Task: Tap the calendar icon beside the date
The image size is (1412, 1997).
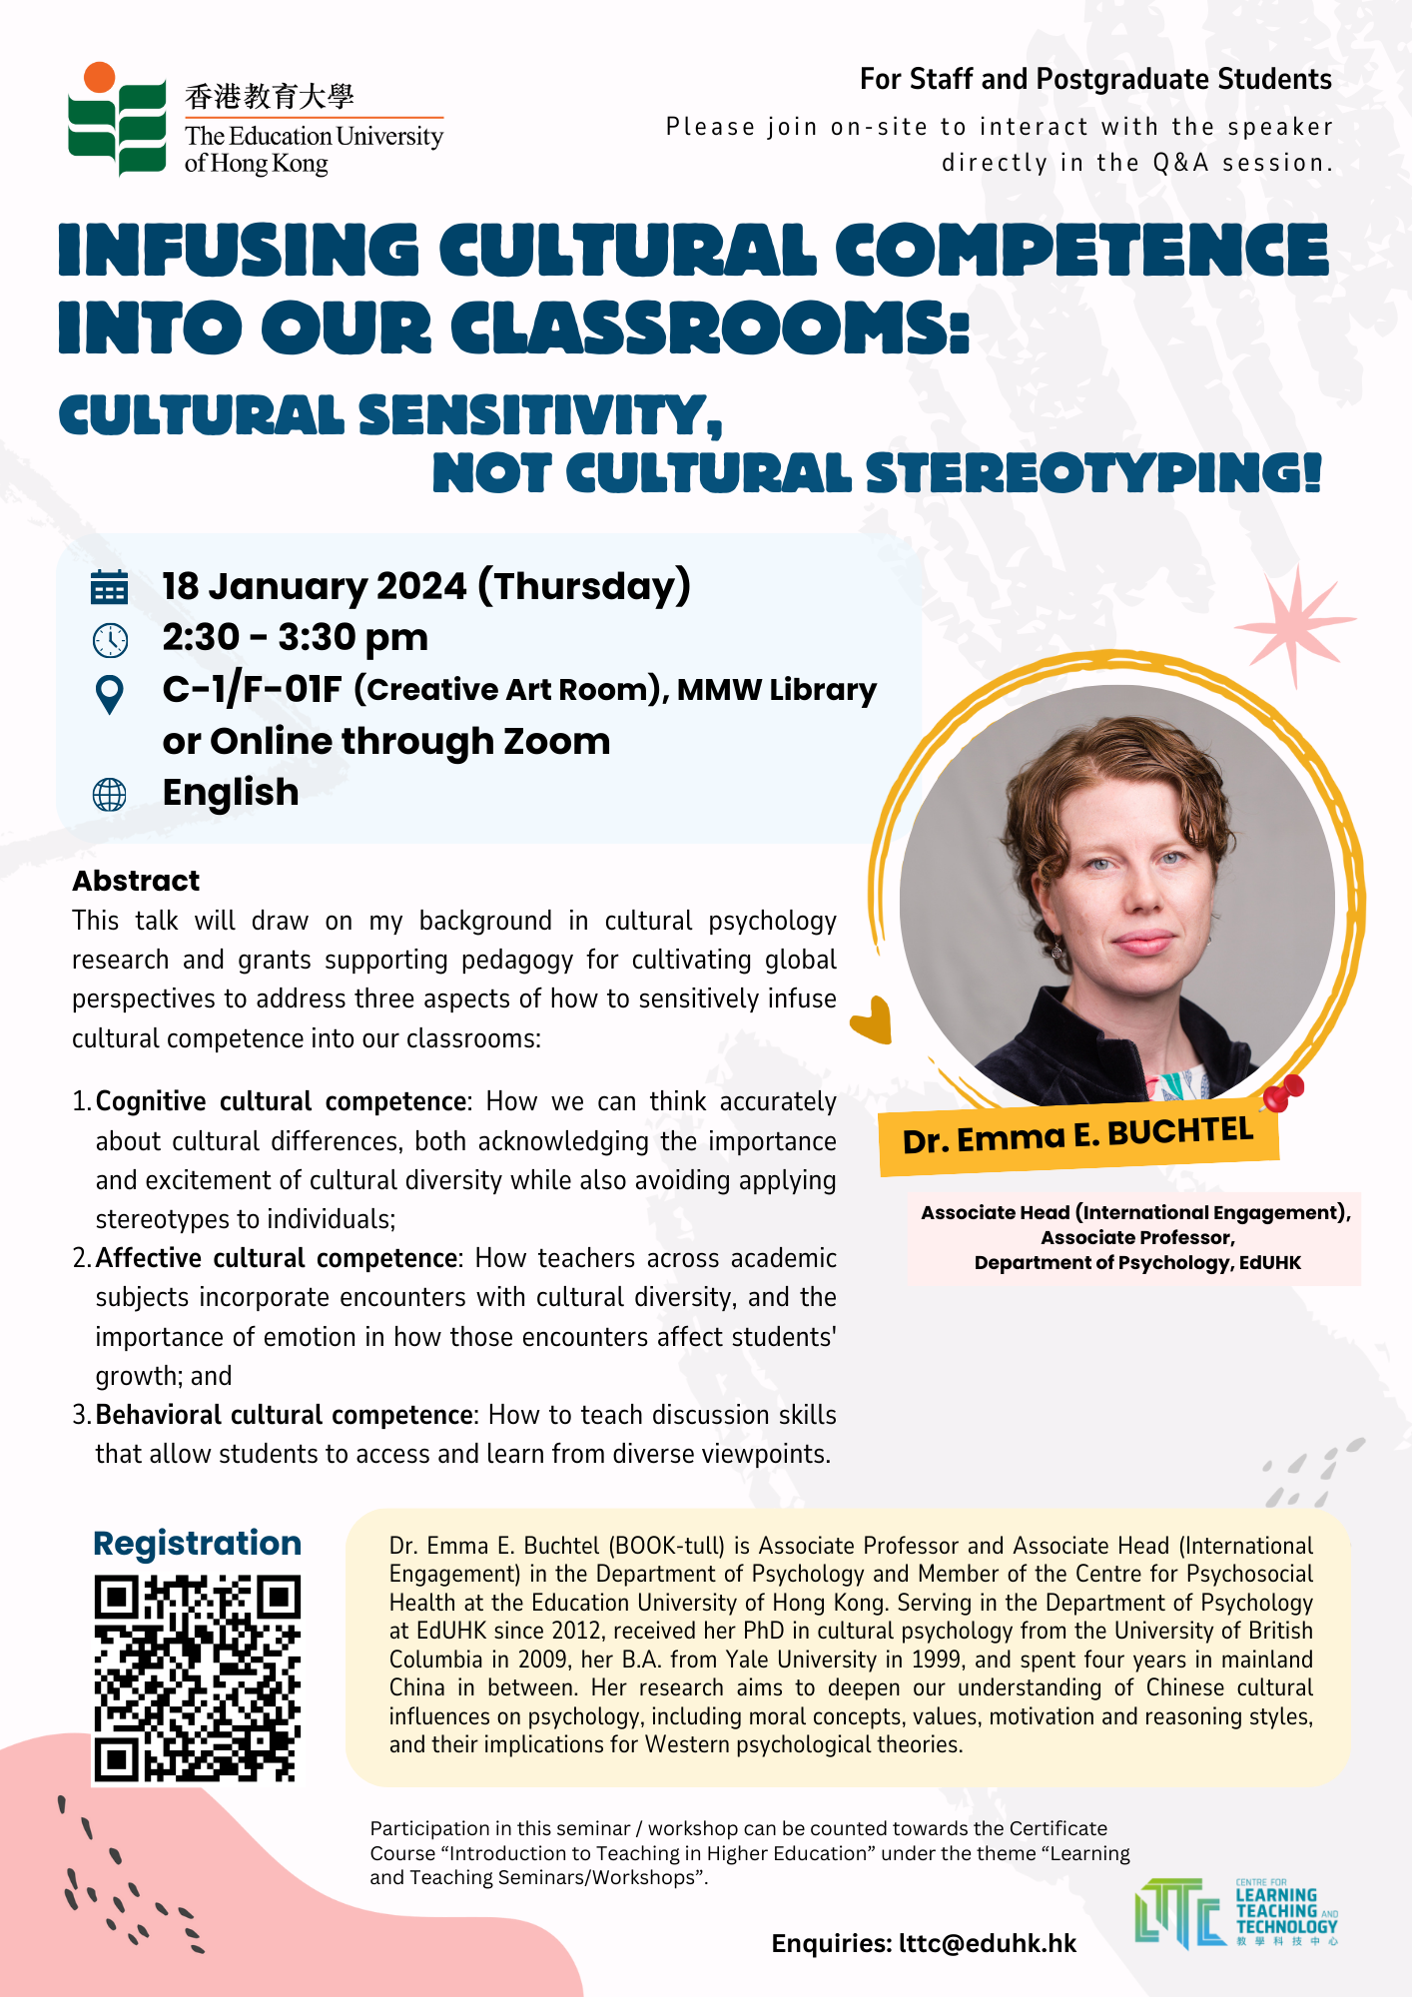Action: [110, 587]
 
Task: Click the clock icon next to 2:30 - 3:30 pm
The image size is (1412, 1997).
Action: [110, 640]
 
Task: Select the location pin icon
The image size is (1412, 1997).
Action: [110, 694]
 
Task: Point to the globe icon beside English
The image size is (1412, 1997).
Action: [110, 795]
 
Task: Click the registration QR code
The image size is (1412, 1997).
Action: [197, 1677]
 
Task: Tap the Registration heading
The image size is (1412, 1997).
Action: [197, 1544]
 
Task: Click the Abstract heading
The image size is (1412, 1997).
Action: [136, 881]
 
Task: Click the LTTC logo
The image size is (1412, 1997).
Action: [1235, 1912]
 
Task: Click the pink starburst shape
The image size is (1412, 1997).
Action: [1295, 624]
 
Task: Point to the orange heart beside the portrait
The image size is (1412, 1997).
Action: [872, 1019]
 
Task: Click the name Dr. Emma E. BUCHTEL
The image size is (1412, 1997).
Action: [1077, 1136]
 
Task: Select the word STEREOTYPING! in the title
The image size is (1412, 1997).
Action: [1093, 473]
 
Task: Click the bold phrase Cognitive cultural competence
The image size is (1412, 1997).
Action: [281, 1101]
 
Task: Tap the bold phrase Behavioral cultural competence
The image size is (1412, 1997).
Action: [284, 1415]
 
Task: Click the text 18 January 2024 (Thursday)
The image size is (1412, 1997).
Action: [426, 586]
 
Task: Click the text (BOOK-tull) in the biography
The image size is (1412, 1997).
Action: [666, 1546]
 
